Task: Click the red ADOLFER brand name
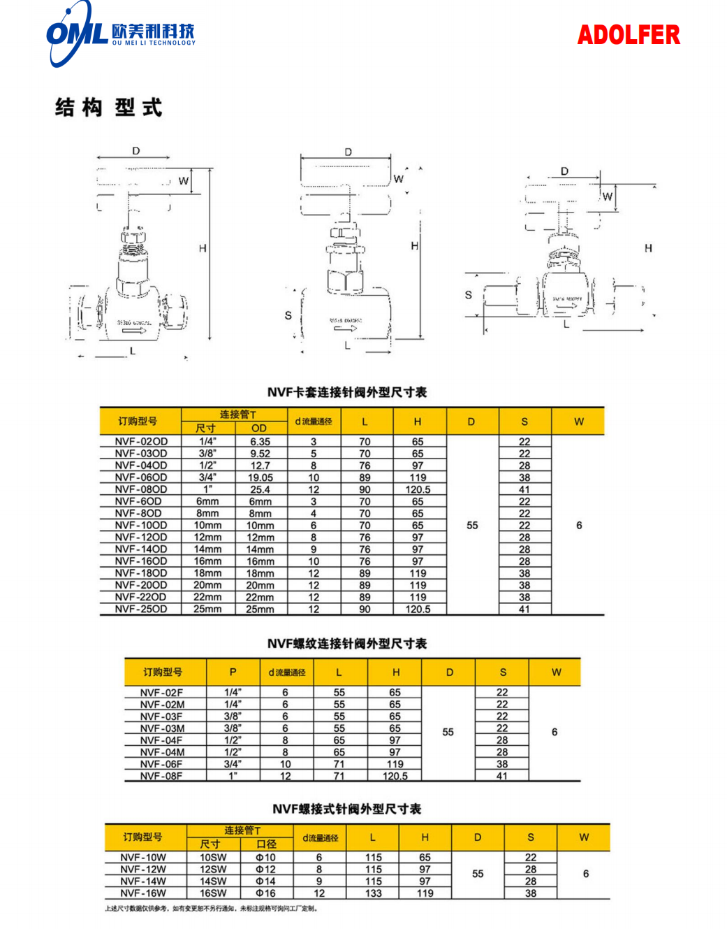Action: pos(628,35)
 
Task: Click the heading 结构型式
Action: pos(109,108)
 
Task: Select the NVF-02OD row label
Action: pos(141,442)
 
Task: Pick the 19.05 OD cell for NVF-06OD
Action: pos(260,477)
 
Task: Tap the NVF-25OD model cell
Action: pos(141,610)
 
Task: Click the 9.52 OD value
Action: pos(260,454)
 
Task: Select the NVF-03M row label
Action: pos(162,728)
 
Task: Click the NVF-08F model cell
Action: pos(161,776)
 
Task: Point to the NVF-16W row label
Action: pos(143,893)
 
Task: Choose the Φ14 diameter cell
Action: pos(265,881)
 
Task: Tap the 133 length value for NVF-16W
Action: pos(374,893)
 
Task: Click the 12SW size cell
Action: pos(213,870)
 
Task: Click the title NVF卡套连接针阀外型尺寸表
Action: pos(346,392)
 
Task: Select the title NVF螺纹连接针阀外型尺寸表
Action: pos(346,643)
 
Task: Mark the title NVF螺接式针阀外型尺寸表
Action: pos(346,809)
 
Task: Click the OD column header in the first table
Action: pos(259,428)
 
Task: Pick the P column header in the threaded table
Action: pos(233,672)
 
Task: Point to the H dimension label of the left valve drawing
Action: pos(203,248)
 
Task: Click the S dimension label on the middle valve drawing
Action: pos(288,315)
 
